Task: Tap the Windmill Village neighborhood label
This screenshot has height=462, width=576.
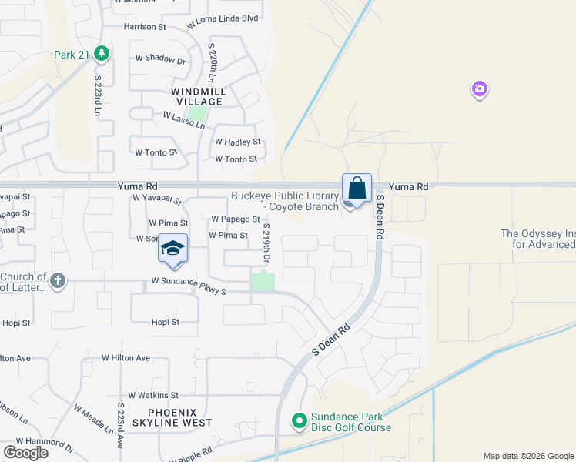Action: (198, 96)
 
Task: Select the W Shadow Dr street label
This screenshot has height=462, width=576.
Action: (161, 59)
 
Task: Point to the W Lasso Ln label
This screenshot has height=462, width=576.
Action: (183, 120)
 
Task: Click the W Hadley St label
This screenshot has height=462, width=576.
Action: (238, 142)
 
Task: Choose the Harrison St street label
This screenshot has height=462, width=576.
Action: (145, 27)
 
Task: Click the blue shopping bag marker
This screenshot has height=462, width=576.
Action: (357, 189)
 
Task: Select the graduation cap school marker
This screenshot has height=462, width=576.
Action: (173, 249)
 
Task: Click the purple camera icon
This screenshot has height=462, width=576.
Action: (480, 90)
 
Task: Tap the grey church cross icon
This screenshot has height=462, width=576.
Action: (58, 279)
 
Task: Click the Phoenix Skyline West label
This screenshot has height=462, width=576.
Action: (172, 417)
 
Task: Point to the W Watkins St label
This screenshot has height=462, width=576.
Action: (153, 395)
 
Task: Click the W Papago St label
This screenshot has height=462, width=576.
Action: (234, 219)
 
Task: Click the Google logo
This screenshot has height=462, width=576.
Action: (26, 452)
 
